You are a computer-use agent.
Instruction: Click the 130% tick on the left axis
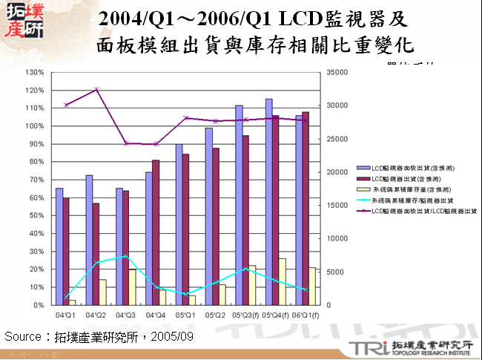click(x=34, y=72)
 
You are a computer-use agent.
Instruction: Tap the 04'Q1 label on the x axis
click(x=65, y=315)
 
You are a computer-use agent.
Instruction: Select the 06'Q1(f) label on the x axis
click(x=306, y=315)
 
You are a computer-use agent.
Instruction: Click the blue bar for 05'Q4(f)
click(x=268, y=202)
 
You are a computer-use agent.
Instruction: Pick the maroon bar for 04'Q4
click(x=156, y=232)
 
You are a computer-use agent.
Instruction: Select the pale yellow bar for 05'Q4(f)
click(x=283, y=281)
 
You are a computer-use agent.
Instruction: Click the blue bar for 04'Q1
click(x=59, y=246)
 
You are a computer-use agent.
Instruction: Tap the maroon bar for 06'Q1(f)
click(x=306, y=208)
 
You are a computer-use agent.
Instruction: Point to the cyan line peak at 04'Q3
click(x=126, y=256)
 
